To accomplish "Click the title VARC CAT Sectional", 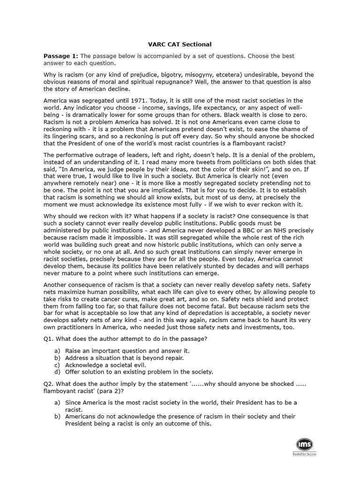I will click(180, 45).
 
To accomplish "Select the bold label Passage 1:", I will click(61, 56).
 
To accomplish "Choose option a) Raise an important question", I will click(121, 351).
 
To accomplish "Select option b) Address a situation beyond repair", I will click(124, 358).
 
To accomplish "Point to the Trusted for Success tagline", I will click(304, 454).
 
